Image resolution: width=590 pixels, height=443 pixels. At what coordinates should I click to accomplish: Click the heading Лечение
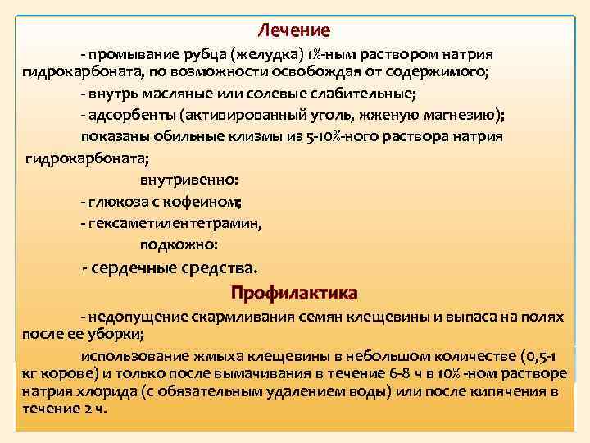294,30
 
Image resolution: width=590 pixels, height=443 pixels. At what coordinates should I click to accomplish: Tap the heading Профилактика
294,292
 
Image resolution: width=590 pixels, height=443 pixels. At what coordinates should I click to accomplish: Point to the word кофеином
214,200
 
